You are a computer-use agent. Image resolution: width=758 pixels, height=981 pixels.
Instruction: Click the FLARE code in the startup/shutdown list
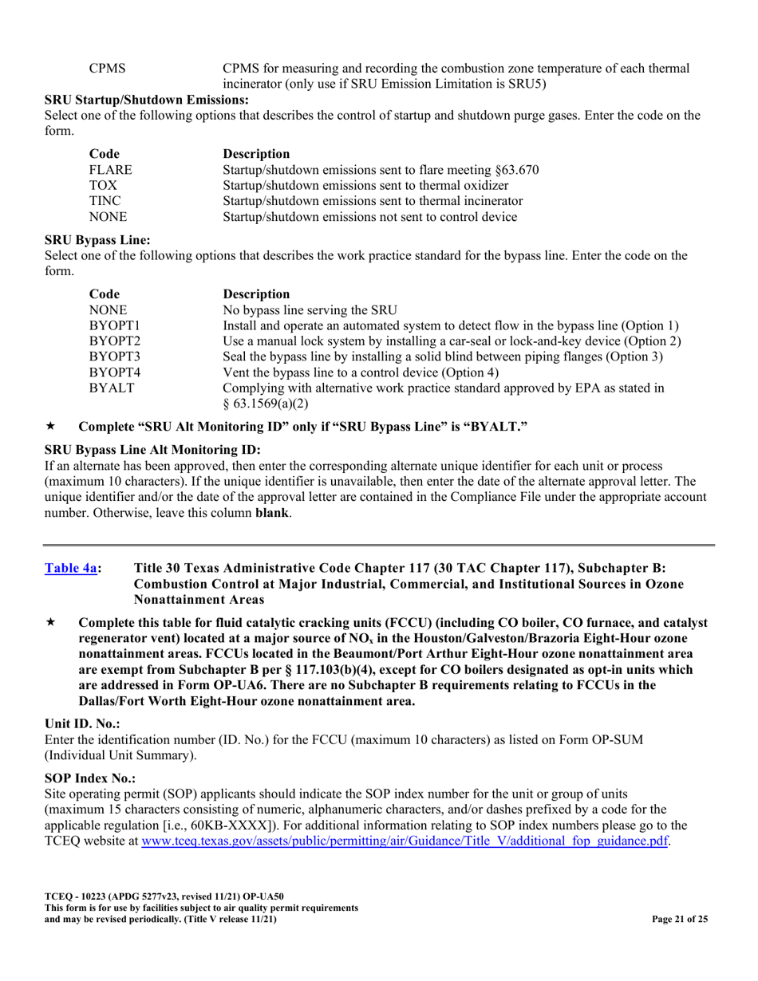tap(110, 170)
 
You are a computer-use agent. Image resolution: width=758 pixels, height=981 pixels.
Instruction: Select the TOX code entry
tap(103, 185)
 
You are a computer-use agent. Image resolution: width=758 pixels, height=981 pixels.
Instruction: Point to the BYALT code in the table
tap(111, 388)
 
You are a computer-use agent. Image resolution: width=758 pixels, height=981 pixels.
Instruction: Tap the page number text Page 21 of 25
tap(680, 919)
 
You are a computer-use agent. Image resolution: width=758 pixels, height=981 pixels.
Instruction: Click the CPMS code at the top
tap(106, 69)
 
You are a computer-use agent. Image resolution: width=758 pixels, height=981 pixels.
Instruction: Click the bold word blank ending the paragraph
tap(272, 512)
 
